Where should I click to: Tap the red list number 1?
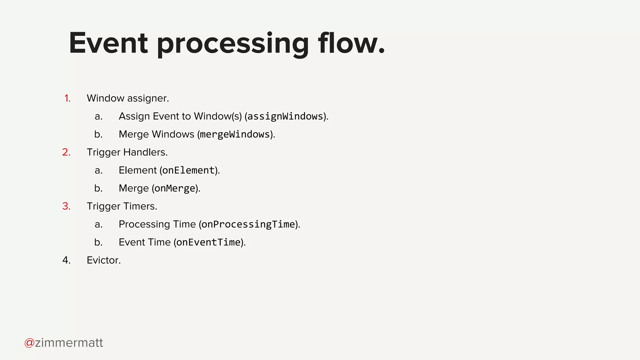pos(67,98)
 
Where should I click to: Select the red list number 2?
pos(66,152)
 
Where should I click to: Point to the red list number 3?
pos(66,207)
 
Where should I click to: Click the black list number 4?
pos(66,260)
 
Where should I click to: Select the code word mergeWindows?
pos(235,134)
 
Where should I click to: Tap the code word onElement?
pos(188,170)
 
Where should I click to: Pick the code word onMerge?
pos(175,188)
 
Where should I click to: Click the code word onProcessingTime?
pos(248,224)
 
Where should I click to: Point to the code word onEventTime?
pos(208,242)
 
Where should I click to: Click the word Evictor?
pos(103,260)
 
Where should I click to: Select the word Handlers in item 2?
pos(145,152)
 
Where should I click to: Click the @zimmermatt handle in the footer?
pos(64,343)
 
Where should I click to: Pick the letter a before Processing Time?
pos(98,224)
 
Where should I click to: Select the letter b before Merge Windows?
pos(98,134)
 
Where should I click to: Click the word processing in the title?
pos(233,44)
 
